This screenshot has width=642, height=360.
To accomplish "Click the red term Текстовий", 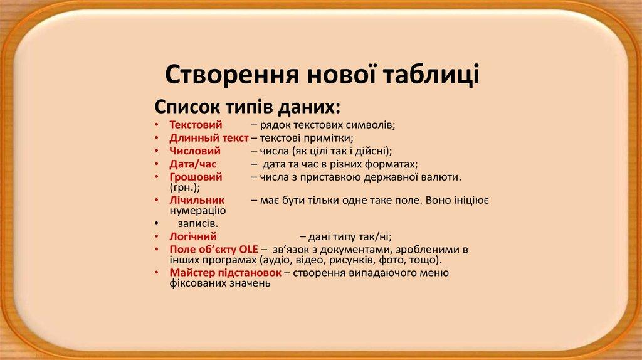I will point(196,125).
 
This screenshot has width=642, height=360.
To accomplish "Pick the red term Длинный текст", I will point(209,138).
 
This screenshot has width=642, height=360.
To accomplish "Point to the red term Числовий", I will point(195,151).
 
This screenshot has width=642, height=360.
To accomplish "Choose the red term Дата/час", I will point(192,164).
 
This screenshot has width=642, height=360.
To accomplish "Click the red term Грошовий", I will point(196,177).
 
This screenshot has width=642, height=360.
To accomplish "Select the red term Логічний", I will point(193,237).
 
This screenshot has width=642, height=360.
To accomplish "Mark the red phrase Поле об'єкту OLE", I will point(214,250).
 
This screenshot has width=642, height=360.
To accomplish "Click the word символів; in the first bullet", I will point(367,125).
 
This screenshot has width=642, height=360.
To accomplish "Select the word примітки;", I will point(332,138).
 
